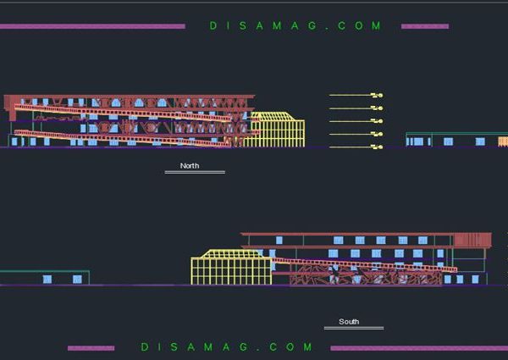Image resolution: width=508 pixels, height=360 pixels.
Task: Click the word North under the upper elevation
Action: point(190,166)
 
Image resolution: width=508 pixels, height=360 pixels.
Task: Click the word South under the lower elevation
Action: point(349,322)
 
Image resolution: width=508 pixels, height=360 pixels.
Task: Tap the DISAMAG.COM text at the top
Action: point(295,26)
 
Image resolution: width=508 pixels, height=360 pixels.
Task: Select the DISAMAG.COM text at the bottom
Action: point(226,347)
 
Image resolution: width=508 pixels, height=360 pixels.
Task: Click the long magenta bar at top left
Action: point(92,26)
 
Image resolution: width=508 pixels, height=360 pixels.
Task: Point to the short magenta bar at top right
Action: point(424,26)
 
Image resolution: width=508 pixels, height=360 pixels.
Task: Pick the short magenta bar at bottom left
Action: point(91,348)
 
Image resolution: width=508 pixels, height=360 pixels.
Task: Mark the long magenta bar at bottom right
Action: point(418,348)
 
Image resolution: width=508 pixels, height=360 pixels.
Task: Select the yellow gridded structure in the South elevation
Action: point(229,268)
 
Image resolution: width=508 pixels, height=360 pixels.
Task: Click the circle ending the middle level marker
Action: point(381,121)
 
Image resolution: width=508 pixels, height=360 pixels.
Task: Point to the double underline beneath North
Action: point(195,173)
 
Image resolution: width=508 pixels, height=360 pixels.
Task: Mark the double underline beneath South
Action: point(353,328)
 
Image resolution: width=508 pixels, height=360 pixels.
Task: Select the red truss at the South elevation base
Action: point(364,275)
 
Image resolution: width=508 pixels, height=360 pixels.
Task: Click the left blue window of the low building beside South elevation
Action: point(47,279)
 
